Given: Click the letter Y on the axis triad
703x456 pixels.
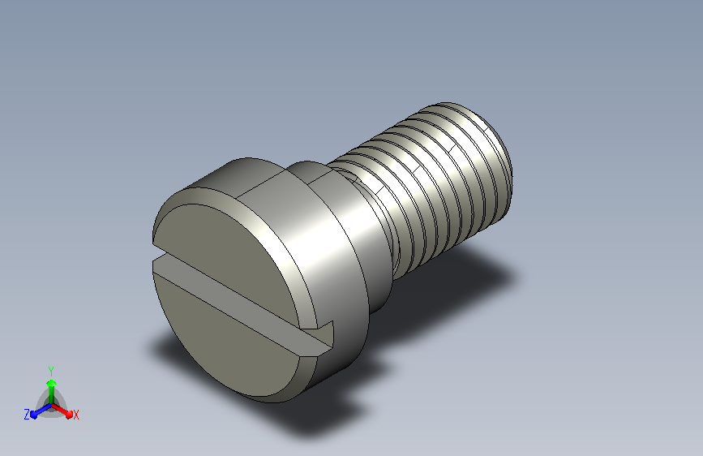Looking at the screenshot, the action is point(51,371).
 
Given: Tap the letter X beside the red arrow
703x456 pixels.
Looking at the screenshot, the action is point(75,415).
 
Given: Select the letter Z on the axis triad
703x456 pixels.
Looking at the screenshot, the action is point(27,415).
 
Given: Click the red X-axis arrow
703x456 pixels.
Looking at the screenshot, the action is point(62,411).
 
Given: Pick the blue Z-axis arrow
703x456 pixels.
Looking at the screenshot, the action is point(41,411).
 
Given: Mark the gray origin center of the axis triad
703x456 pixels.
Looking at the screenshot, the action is point(52,405).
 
